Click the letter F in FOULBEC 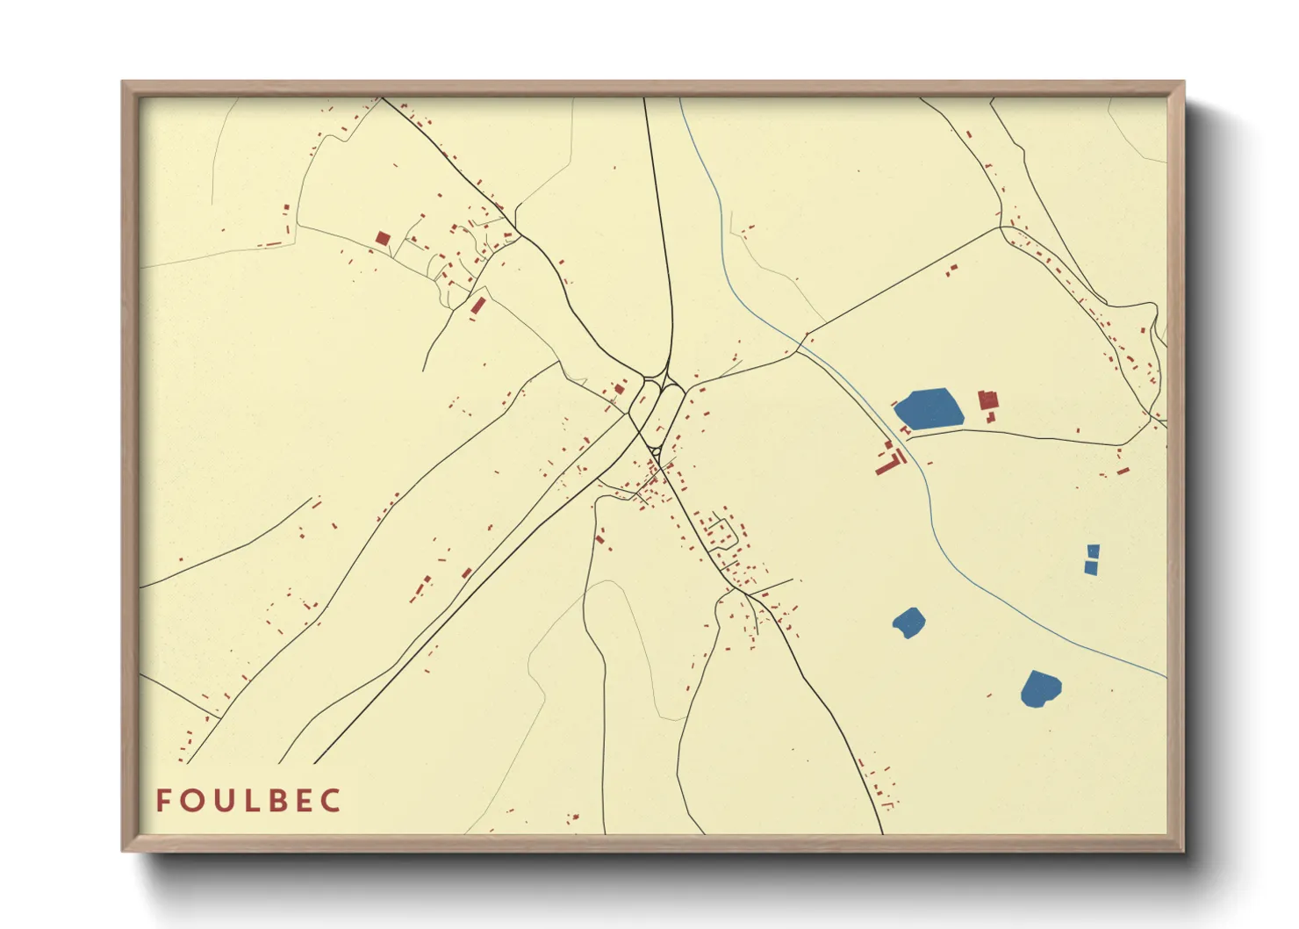pos(163,801)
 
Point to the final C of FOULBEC pos(331,801)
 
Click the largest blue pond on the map pos(928,408)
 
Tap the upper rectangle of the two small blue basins pos(1093,551)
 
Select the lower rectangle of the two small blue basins pos(1091,567)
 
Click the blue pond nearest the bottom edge pos(1041,688)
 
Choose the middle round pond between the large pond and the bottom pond pos(908,623)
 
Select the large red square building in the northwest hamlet pos(382,238)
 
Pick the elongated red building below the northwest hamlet pos(478,306)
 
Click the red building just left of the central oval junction pos(619,388)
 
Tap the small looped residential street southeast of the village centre pos(720,533)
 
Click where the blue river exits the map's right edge pos(1165,676)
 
